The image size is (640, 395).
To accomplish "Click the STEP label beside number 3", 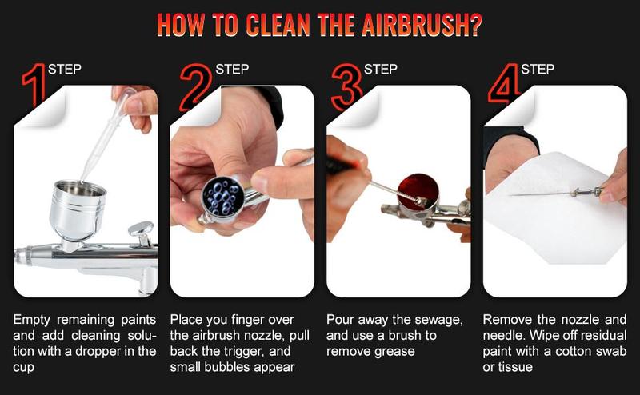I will click(380, 70).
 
